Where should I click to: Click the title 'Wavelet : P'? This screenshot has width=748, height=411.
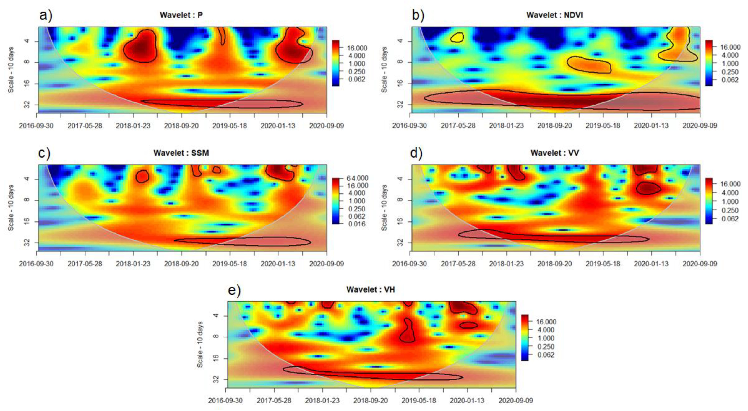(181, 15)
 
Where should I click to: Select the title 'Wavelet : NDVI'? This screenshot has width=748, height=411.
(555, 15)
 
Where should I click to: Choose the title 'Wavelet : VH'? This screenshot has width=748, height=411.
(371, 289)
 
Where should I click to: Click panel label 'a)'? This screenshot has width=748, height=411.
(46, 15)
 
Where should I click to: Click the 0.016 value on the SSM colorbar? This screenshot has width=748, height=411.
(357, 224)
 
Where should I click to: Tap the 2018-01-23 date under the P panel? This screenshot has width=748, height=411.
(133, 126)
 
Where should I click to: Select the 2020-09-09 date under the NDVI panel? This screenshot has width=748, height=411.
(700, 126)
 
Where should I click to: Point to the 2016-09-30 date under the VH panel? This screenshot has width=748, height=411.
(225, 400)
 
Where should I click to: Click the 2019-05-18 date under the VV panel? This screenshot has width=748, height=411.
(603, 264)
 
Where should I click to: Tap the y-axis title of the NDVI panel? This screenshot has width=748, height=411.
(384, 70)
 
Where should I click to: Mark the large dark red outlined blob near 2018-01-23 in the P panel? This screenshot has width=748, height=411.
(140, 46)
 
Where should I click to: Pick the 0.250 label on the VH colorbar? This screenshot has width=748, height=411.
(546, 347)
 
